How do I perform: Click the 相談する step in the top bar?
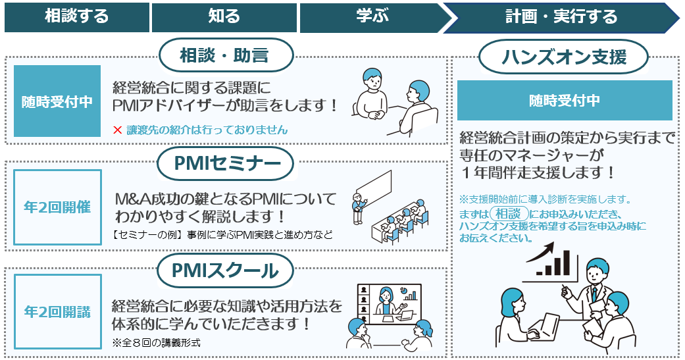76,17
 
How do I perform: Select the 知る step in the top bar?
224,17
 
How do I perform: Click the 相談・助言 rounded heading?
224,55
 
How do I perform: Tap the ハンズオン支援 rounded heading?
564,58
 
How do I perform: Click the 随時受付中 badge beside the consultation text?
57,101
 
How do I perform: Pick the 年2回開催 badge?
57,207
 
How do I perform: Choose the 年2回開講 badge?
57,311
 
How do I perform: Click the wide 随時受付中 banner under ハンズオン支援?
565,101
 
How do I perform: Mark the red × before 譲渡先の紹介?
118,130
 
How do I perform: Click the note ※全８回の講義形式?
156,342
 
